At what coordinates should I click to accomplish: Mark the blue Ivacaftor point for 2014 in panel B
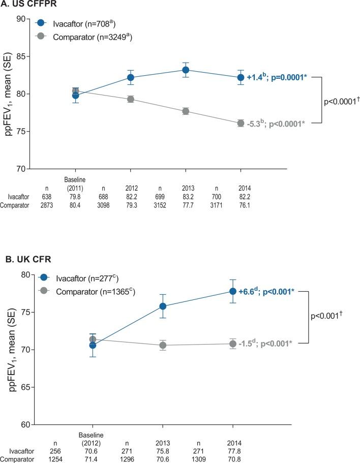point(233,291)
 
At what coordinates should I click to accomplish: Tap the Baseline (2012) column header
point(92,437)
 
